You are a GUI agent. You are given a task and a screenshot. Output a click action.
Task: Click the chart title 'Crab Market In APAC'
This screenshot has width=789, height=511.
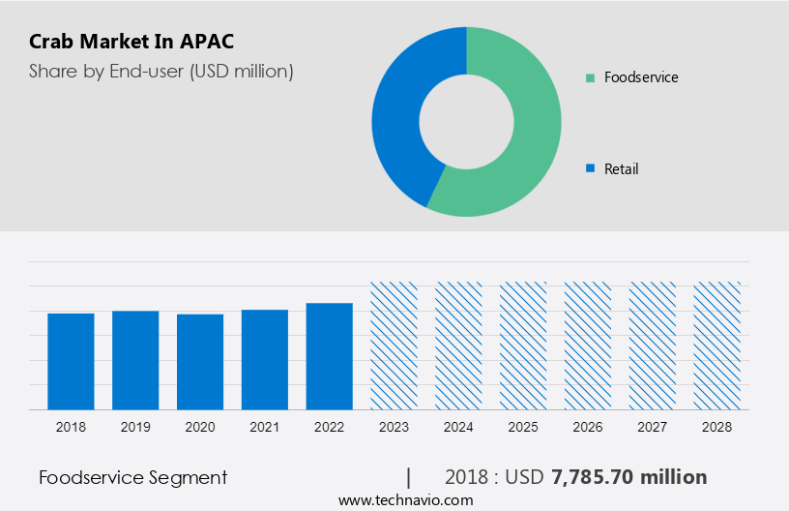131,42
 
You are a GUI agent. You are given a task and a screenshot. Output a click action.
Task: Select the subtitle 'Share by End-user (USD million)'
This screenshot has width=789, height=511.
161,71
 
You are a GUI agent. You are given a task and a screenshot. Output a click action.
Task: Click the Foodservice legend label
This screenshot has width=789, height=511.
640,77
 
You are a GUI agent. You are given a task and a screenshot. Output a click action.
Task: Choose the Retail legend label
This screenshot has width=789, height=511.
621,169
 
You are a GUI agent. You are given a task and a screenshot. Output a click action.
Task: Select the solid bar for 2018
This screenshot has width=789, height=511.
71,361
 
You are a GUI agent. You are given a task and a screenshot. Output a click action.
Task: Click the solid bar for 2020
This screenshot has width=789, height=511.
200,361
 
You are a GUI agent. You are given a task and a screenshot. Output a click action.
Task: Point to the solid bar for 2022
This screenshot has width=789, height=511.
330,356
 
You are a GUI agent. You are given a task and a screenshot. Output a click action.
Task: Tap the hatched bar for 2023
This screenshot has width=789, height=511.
394,346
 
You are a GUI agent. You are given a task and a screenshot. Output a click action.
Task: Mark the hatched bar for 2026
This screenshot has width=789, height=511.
588,346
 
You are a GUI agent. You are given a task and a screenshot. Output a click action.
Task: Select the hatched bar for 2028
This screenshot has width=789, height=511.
717,346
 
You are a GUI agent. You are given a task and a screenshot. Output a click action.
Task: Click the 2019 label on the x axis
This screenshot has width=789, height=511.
135,426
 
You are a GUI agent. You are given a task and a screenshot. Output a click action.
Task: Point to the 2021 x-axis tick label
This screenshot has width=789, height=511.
265,426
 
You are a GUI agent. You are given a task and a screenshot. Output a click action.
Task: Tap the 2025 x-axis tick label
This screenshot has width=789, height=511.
523,426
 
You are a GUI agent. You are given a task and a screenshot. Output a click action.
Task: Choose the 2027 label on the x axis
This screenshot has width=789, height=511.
653,426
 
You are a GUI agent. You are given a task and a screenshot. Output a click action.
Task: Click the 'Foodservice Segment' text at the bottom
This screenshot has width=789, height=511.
133,477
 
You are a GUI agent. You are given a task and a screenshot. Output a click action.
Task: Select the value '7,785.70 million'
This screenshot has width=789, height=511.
628,477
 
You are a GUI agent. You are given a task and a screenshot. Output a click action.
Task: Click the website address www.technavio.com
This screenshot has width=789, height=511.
406,500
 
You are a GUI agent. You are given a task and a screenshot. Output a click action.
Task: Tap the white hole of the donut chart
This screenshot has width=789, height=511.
466,122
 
